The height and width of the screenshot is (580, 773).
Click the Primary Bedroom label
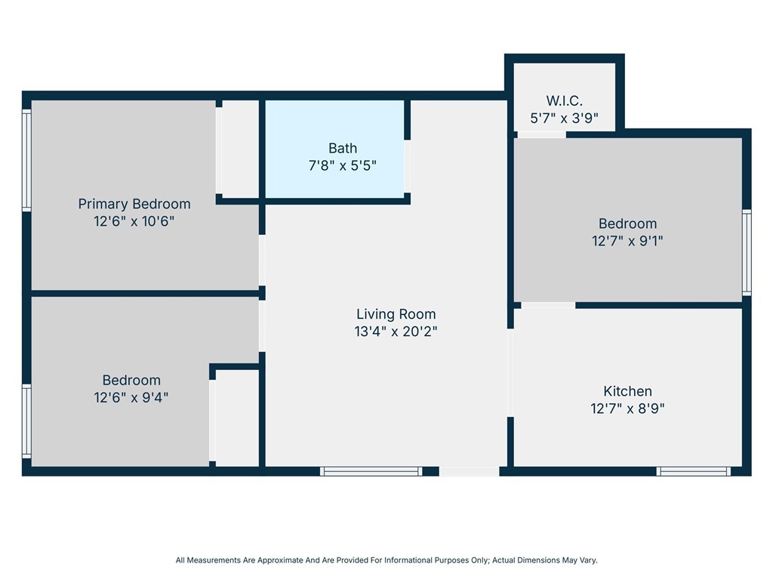click(x=134, y=204)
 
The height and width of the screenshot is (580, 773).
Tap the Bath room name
click(x=343, y=148)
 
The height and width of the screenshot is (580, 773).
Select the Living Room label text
click(x=396, y=314)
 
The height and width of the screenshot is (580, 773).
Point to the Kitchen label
click(x=627, y=391)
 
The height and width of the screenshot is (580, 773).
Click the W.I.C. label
click(x=565, y=100)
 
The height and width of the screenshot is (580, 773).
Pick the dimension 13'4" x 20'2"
click(x=396, y=332)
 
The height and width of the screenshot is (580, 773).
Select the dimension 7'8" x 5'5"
click(x=343, y=165)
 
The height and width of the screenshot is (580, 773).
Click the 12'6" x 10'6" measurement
click(x=134, y=221)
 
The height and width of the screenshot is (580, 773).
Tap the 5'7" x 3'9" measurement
click(x=565, y=118)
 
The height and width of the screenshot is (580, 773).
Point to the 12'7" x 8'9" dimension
click(x=627, y=409)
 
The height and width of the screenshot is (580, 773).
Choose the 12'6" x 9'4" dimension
click(x=131, y=397)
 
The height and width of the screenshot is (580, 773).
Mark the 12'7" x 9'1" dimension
click(x=627, y=241)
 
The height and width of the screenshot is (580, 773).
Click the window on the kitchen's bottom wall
click(x=693, y=471)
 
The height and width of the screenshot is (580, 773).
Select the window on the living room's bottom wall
click(x=371, y=471)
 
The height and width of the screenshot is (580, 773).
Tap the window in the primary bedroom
click(x=26, y=161)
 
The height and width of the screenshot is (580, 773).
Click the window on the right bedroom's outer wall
click(x=747, y=252)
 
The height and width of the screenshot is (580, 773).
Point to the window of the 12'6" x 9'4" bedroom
click(x=26, y=421)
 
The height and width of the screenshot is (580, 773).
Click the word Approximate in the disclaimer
click(x=279, y=560)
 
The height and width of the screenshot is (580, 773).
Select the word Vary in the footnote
click(x=589, y=560)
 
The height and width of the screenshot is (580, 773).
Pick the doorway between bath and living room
click(x=407, y=166)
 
